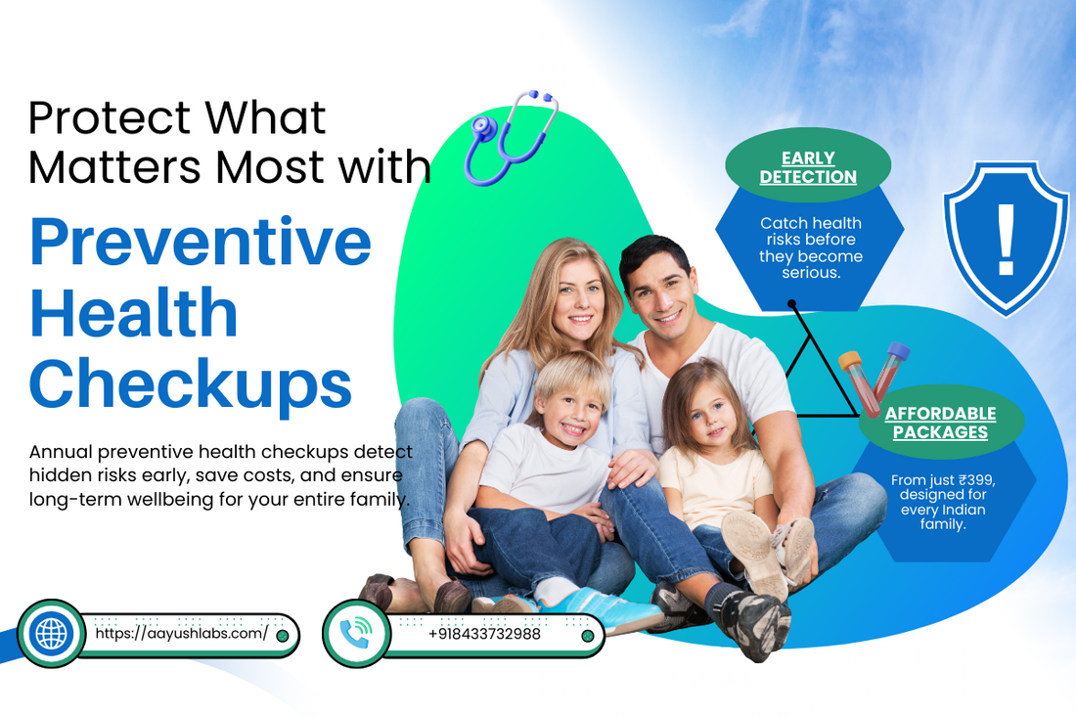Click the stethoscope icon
pyautogui.click(x=509, y=137)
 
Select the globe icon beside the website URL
pyautogui.click(x=51, y=634)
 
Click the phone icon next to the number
pyautogui.click(x=355, y=634)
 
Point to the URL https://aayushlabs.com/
pyautogui.click(x=181, y=634)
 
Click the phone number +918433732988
pyautogui.click(x=484, y=634)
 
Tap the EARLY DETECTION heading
pyautogui.click(x=808, y=167)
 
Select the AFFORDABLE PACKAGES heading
pyautogui.click(x=940, y=423)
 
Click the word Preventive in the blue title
pyautogui.click(x=201, y=242)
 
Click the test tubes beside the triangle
pyautogui.click(x=874, y=377)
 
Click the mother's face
pyautogui.click(x=569, y=297)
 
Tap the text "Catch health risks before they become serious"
pyautogui.click(x=811, y=247)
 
